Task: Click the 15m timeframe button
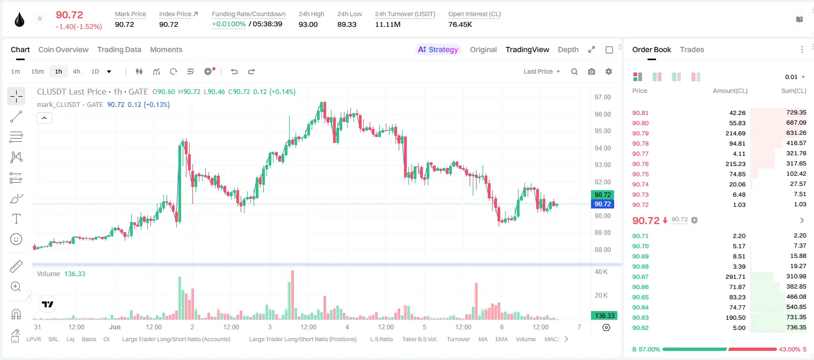[x=37, y=71]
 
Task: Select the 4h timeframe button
[x=76, y=71]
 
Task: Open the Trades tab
[x=692, y=49]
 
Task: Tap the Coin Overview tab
[x=63, y=49]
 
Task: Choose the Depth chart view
[x=568, y=49]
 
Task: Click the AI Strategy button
[x=438, y=49]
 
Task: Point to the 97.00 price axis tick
[x=602, y=97]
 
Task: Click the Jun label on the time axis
[x=115, y=327]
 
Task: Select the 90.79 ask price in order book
[x=640, y=133]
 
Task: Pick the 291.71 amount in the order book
[x=735, y=277]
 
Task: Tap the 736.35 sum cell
[x=796, y=327]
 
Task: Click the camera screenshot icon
[x=592, y=71]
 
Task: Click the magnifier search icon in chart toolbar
[x=574, y=71]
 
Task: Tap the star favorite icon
[x=40, y=18]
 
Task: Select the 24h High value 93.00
[x=308, y=24]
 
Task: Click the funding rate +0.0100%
[x=228, y=24]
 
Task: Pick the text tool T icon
[x=16, y=219]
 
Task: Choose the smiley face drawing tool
[x=16, y=239]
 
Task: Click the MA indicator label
[x=483, y=339]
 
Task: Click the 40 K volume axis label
[x=601, y=272]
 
